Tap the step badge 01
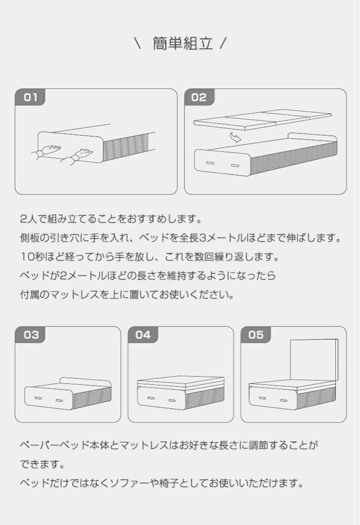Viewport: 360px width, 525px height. click(x=31, y=97)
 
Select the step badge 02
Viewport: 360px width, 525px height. click(x=199, y=97)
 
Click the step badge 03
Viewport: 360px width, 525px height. click(x=31, y=335)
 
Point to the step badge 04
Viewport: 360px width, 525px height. click(x=143, y=335)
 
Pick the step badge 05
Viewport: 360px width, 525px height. click(x=256, y=335)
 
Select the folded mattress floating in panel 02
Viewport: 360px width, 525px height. click(x=262, y=120)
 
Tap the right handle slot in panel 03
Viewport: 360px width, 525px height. click(x=60, y=400)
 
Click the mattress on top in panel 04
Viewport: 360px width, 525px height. click(x=181, y=382)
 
